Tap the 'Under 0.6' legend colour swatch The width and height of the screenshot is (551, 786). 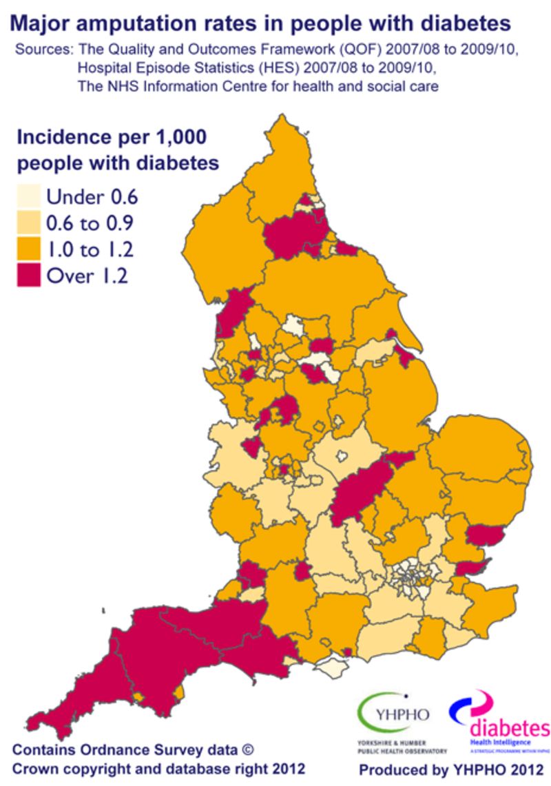click(29, 197)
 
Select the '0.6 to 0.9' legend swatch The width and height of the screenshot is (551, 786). click(29, 223)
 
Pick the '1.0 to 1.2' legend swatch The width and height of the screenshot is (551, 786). click(29, 249)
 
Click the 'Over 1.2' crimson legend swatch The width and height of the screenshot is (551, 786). click(29, 276)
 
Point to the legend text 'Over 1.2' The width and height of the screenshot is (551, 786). click(87, 276)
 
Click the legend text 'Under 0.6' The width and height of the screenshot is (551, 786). click(92, 197)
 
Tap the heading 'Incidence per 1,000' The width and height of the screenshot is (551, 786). click(111, 136)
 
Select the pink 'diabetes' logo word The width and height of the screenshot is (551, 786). click(510, 728)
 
